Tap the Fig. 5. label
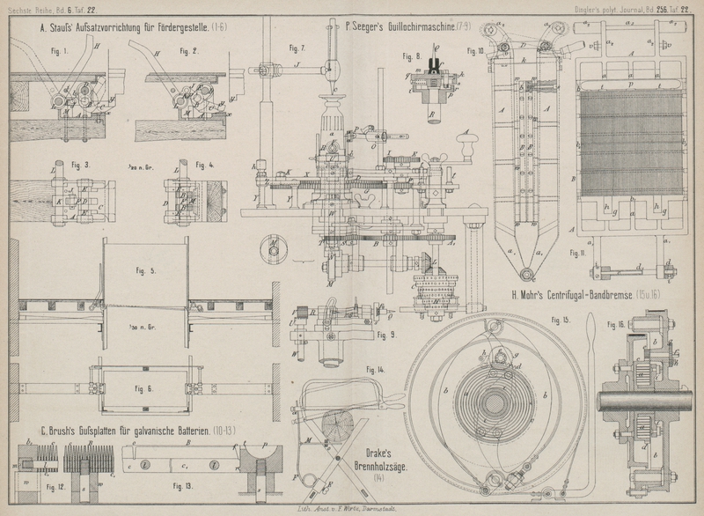146,270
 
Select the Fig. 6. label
143,387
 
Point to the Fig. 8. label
413,56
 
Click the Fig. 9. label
383,335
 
